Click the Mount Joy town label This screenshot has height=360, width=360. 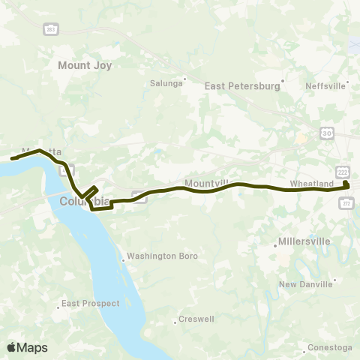(85, 65)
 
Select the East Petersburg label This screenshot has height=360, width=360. (242, 86)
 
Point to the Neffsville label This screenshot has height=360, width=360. (325, 85)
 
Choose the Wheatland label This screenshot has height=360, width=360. (311, 183)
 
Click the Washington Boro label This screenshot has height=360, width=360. (162, 256)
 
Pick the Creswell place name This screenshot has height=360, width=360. (196, 319)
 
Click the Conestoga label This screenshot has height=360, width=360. (330, 347)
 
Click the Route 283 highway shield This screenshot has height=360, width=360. (50, 28)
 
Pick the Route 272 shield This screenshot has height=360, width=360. (346, 202)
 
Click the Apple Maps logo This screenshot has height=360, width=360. (27, 347)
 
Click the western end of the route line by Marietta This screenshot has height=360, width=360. (12, 158)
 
